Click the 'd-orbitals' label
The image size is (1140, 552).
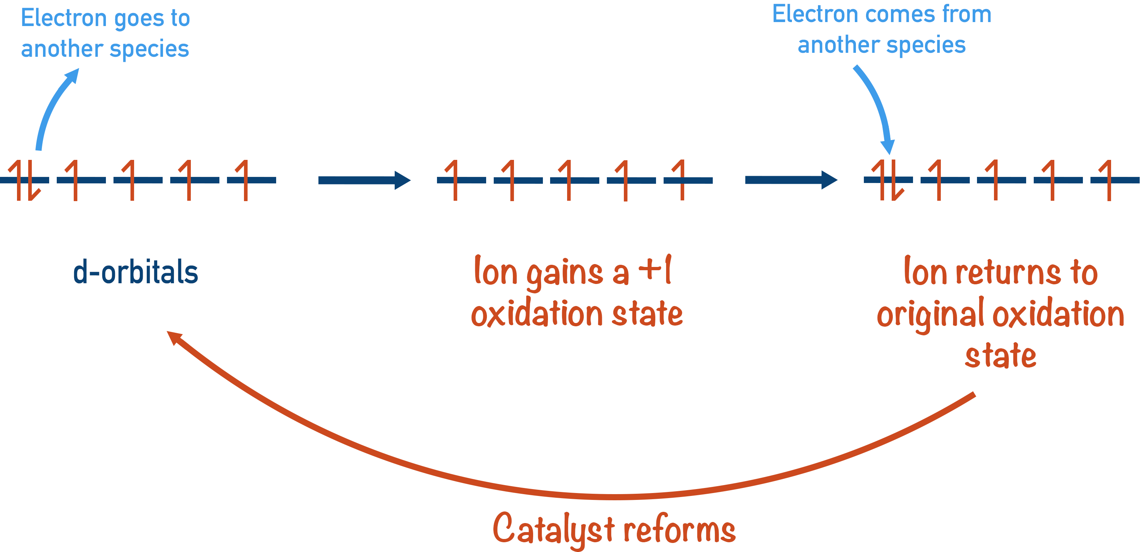[x=136, y=272]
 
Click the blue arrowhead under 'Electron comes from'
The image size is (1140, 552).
[x=888, y=147]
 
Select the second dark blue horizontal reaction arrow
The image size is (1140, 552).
[x=791, y=180]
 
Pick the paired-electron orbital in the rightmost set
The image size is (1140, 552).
[x=888, y=180]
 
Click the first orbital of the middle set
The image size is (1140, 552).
[x=461, y=180]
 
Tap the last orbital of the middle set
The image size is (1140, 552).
[x=688, y=180]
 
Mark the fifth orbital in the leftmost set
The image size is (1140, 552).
[x=251, y=180]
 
